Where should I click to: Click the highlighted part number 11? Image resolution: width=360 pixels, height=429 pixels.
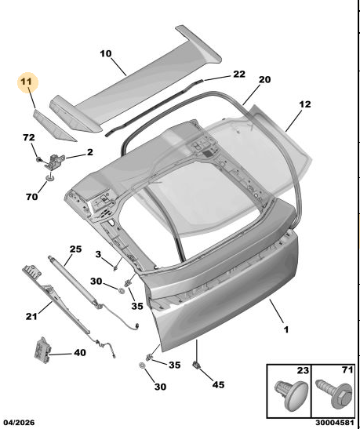click(27, 82)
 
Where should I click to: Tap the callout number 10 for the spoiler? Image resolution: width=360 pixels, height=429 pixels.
click(106, 53)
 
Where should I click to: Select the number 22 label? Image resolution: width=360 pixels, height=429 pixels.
click(238, 75)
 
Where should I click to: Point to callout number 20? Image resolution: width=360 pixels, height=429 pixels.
click(264, 80)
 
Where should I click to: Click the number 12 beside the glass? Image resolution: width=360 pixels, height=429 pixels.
click(305, 104)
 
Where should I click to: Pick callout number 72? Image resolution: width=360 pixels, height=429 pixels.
click(29, 137)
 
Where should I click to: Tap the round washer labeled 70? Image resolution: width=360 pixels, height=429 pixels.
click(49, 178)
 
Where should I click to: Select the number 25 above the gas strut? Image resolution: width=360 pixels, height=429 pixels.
click(75, 249)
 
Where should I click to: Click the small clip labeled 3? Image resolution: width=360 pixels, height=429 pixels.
click(115, 268)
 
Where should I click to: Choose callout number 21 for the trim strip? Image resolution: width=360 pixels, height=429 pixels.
click(31, 316)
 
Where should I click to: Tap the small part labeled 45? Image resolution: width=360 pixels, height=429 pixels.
click(196, 365)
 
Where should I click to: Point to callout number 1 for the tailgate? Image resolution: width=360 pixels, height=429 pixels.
click(286, 329)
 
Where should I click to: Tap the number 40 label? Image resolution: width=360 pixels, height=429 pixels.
click(80, 353)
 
